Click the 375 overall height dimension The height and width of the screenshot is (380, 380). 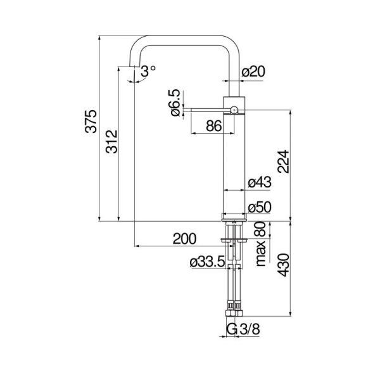[91, 122]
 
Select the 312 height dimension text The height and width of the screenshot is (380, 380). [111, 142]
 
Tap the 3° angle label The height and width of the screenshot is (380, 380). [148, 71]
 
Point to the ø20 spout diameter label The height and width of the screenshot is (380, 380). [253, 72]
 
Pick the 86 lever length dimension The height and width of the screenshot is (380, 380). [214, 126]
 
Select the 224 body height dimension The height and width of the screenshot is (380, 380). [283, 161]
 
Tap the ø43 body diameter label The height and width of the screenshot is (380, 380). [260, 182]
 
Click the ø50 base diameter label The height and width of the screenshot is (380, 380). [260, 208]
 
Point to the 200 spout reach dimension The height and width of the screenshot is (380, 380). [184, 239]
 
